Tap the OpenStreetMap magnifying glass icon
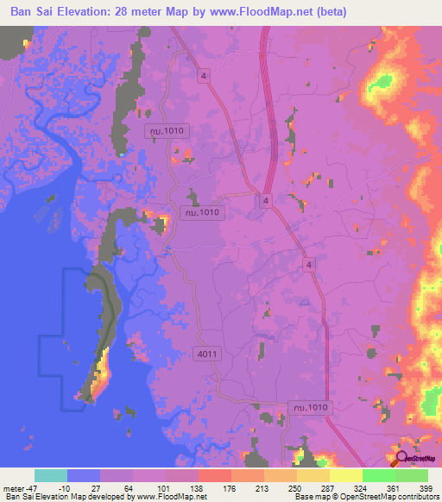click(x=402, y=459)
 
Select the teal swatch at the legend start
click(x=51, y=475)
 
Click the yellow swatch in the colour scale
click(x=346, y=475)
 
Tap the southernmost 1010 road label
click(x=309, y=406)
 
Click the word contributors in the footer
click(x=415, y=497)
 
